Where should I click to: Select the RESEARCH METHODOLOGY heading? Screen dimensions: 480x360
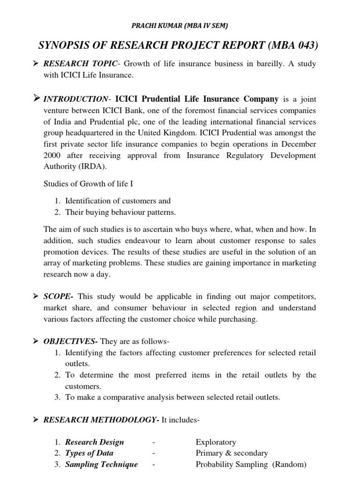(x=101, y=420)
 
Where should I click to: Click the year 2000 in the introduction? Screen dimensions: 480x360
(x=52, y=155)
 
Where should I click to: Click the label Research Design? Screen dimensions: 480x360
(x=94, y=442)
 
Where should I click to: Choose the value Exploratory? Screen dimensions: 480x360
(x=216, y=442)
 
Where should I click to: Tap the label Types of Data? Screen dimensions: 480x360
(x=89, y=453)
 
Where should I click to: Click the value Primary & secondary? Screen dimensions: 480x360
(x=232, y=453)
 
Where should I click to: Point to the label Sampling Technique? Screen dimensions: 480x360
(x=101, y=465)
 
